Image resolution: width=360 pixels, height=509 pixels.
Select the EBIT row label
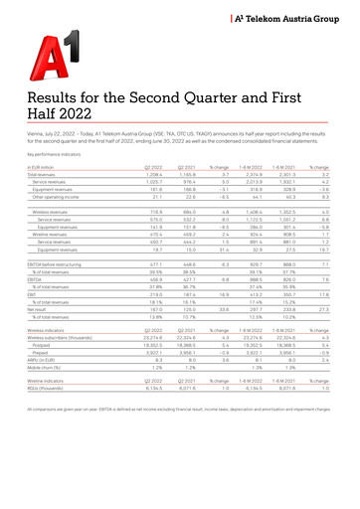pyautogui.click(x=31, y=295)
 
